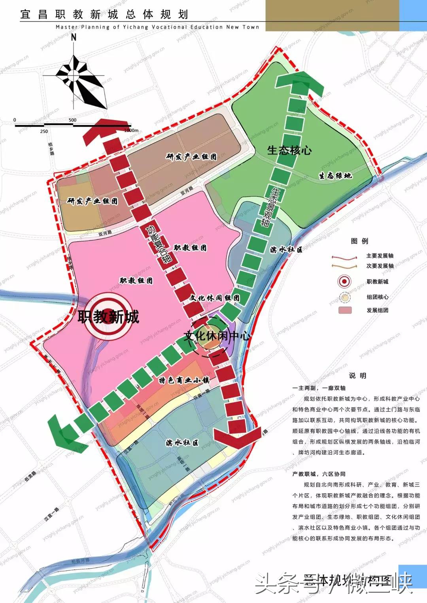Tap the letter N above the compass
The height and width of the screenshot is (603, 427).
coord(74,38)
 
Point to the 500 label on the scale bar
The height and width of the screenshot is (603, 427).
coord(72,120)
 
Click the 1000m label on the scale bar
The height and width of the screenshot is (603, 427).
coord(131,130)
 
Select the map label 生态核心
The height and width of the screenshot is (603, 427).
coord(289,150)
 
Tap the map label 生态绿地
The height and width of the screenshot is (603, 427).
coord(335,176)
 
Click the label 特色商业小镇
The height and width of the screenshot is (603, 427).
coord(184,380)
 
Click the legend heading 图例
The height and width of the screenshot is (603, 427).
coord(359,241)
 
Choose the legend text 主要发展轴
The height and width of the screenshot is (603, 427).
coord(380,256)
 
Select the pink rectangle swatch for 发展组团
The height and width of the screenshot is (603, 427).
coord(345,310)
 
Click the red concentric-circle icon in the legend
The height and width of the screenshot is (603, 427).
coord(345,282)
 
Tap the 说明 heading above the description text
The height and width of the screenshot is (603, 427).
coord(357,376)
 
